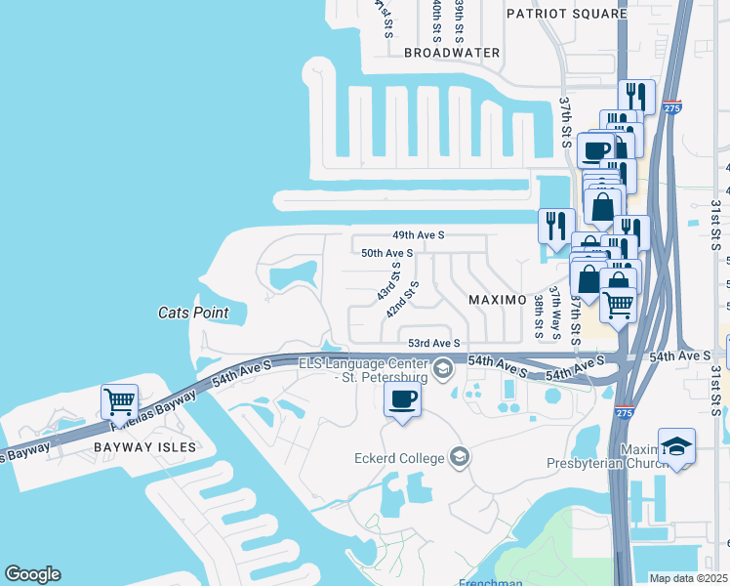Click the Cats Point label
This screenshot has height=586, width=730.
pyautogui.click(x=193, y=313)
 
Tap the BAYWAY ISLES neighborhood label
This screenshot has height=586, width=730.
pyautogui.click(x=145, y=447)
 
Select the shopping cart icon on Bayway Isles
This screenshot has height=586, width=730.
pyautogui.click(x=119, y=399)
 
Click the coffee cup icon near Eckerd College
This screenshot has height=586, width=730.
pyautogui.click(x=402, y=398)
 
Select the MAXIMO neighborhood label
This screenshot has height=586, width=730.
pyautogui.click(x=498, y=299)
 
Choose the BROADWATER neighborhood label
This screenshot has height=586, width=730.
pyautogui.click(x=452, y=53)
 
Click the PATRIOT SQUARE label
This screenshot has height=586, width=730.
pyautogui.click(x=566, y=14)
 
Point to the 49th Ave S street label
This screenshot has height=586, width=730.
pyautogui.click(x=419, y=235)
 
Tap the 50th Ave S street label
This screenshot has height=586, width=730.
pyautogui.click(x=387, y=252)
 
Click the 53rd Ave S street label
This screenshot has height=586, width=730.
pyautogui.click(x=433, y=343)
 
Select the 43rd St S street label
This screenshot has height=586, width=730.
pyautogui.click(x=387, y=279)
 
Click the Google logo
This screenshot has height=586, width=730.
pyautogui.click(x=32, y=574)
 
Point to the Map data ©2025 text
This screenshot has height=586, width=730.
pyautogui.click(x=688, y=578)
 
